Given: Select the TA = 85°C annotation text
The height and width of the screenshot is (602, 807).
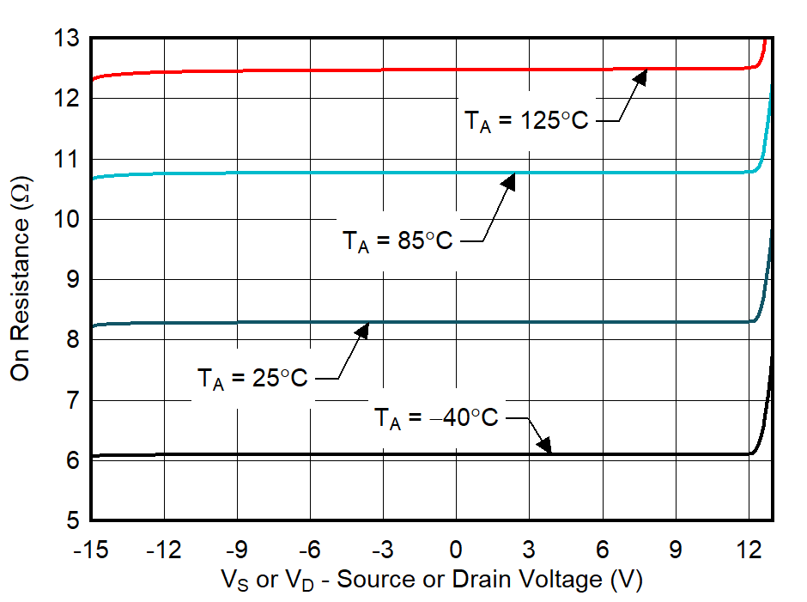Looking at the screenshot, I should click(x=397, y=242).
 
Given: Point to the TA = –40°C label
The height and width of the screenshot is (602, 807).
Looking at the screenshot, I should click(x=435, y=418).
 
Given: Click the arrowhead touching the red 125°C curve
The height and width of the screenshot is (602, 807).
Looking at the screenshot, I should click(x=640, y=76).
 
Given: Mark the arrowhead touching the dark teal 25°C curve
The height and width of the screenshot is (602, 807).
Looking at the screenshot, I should click(x=362, y=330).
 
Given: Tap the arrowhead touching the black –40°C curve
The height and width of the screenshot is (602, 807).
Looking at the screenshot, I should click(x=543, y=445).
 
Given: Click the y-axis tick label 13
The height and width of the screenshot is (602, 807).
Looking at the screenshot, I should click(x=66, y=39).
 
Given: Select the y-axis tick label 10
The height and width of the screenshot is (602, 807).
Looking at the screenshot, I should click(x=66, y=220).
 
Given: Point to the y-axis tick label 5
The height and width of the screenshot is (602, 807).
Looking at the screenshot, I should click(x=72, y=520).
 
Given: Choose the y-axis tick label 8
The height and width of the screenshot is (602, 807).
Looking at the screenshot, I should click(x=72, y=340).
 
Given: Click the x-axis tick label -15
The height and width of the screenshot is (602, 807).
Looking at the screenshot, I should click(x=91, y=548).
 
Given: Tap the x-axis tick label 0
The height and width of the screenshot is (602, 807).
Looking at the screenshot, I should click(x=456, y=548).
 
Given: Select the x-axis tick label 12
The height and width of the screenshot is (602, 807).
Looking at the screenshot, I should click(x=749, y=548).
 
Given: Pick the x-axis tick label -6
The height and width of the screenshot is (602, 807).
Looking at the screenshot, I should click(x=311, y=548).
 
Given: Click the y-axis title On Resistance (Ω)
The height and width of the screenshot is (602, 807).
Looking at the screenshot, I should click(x=22, y=279).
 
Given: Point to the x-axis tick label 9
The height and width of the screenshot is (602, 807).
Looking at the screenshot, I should click(x=676, y=548).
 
